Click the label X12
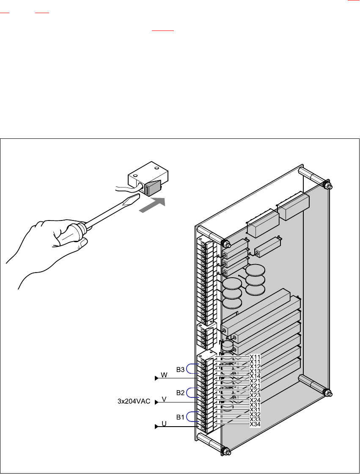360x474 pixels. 255,367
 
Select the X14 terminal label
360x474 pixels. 255,376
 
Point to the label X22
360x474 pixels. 255,390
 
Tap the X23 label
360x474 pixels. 255,395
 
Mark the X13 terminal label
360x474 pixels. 255,371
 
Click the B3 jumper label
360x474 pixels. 180,369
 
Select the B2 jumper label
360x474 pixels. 180,393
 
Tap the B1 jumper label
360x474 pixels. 180,417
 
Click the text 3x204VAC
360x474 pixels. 134,401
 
